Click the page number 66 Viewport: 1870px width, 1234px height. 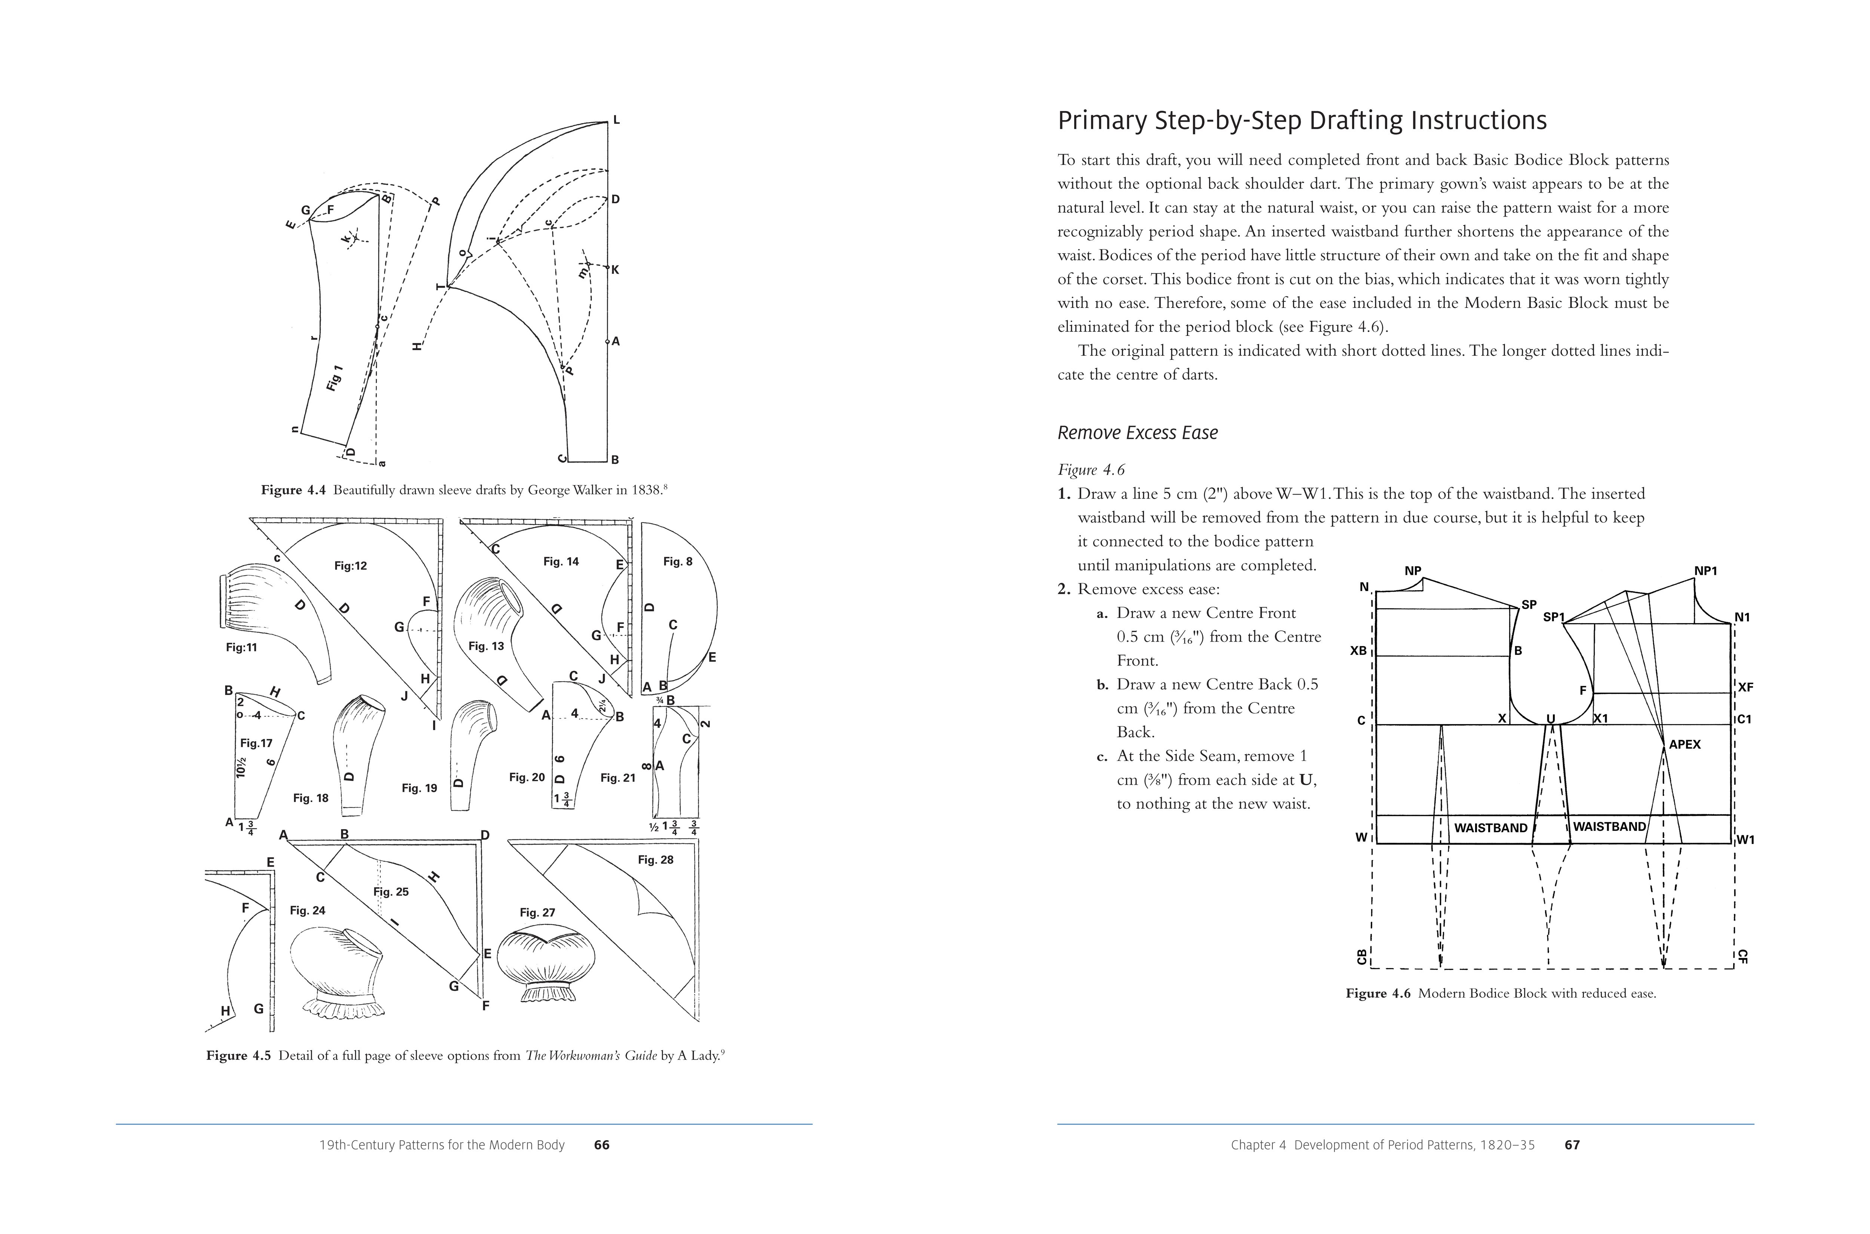(602, 1145)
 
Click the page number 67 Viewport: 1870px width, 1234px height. (1572, 1145)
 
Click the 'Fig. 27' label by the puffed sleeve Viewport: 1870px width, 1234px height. (537, 913)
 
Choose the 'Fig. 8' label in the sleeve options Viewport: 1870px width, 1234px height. (677, 562)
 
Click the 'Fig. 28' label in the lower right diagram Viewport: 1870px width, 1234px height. (655, 860)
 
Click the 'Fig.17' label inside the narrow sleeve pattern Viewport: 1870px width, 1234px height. (256, 743)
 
